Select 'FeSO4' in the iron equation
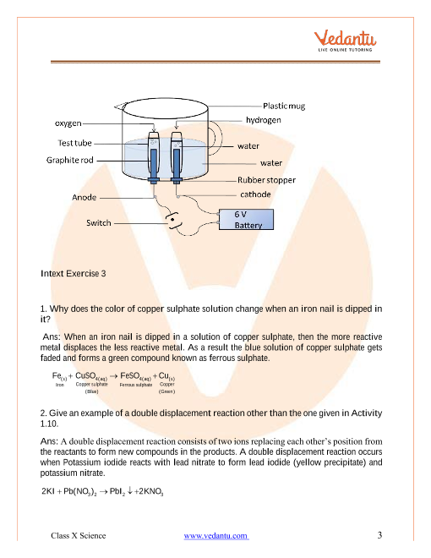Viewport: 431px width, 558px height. tap(134, 375)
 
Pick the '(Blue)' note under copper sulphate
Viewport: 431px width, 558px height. tap(92, 392)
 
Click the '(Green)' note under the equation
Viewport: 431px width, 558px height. tap(166, 392)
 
